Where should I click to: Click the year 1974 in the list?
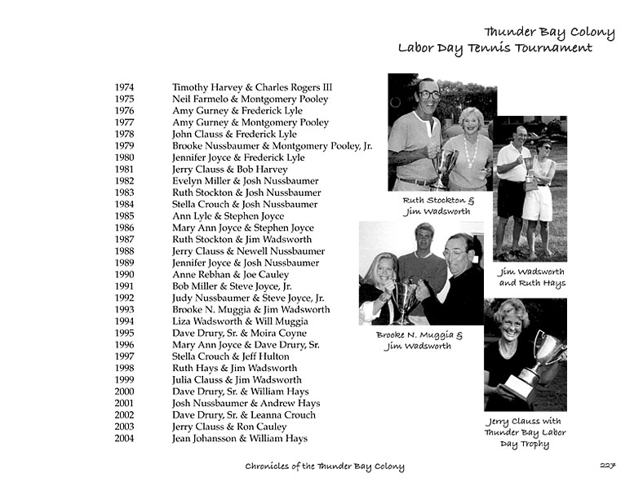[x=125, y=87]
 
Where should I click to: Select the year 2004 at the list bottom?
[x=125, y=439]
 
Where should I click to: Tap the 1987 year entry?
[x=125, y=240]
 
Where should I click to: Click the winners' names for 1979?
[x=272, y=146]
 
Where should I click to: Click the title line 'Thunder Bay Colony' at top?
[x=548, y=33]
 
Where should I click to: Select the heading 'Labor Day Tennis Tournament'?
[x=494, y=48]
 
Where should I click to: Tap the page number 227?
[x=606, y=467]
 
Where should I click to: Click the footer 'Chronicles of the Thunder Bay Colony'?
[x=325, y=467]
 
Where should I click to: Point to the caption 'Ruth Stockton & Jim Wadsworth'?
[x=437, y=206]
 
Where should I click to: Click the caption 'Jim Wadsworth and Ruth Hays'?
[x=532, y=277]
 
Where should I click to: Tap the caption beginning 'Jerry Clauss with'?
[x=525, y=433]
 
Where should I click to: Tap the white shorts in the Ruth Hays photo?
[x=537, y=205]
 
